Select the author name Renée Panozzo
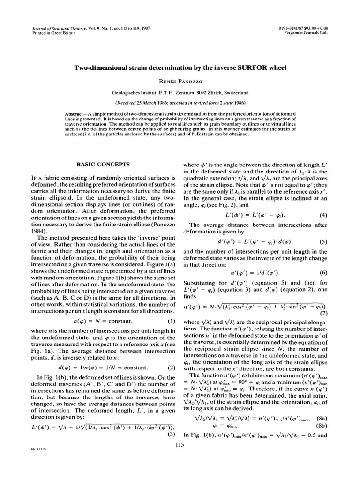coord(180,81)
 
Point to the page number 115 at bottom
coord(180,445)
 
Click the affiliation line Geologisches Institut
coord(180,93)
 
